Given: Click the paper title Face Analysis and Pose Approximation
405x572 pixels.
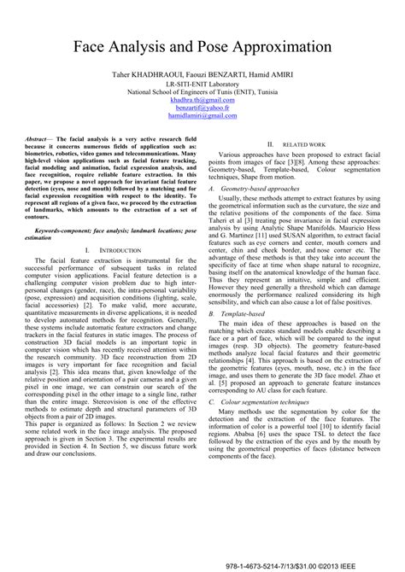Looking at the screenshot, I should point(202,44).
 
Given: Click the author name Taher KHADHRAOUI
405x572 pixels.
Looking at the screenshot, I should point(150,75).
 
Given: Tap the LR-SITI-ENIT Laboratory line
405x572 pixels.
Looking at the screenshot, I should point(202,85).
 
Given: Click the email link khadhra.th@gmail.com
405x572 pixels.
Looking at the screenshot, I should point(202,100).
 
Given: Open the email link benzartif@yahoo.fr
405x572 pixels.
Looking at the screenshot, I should point(202,109).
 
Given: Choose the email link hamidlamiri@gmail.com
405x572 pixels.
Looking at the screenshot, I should point(202,119).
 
